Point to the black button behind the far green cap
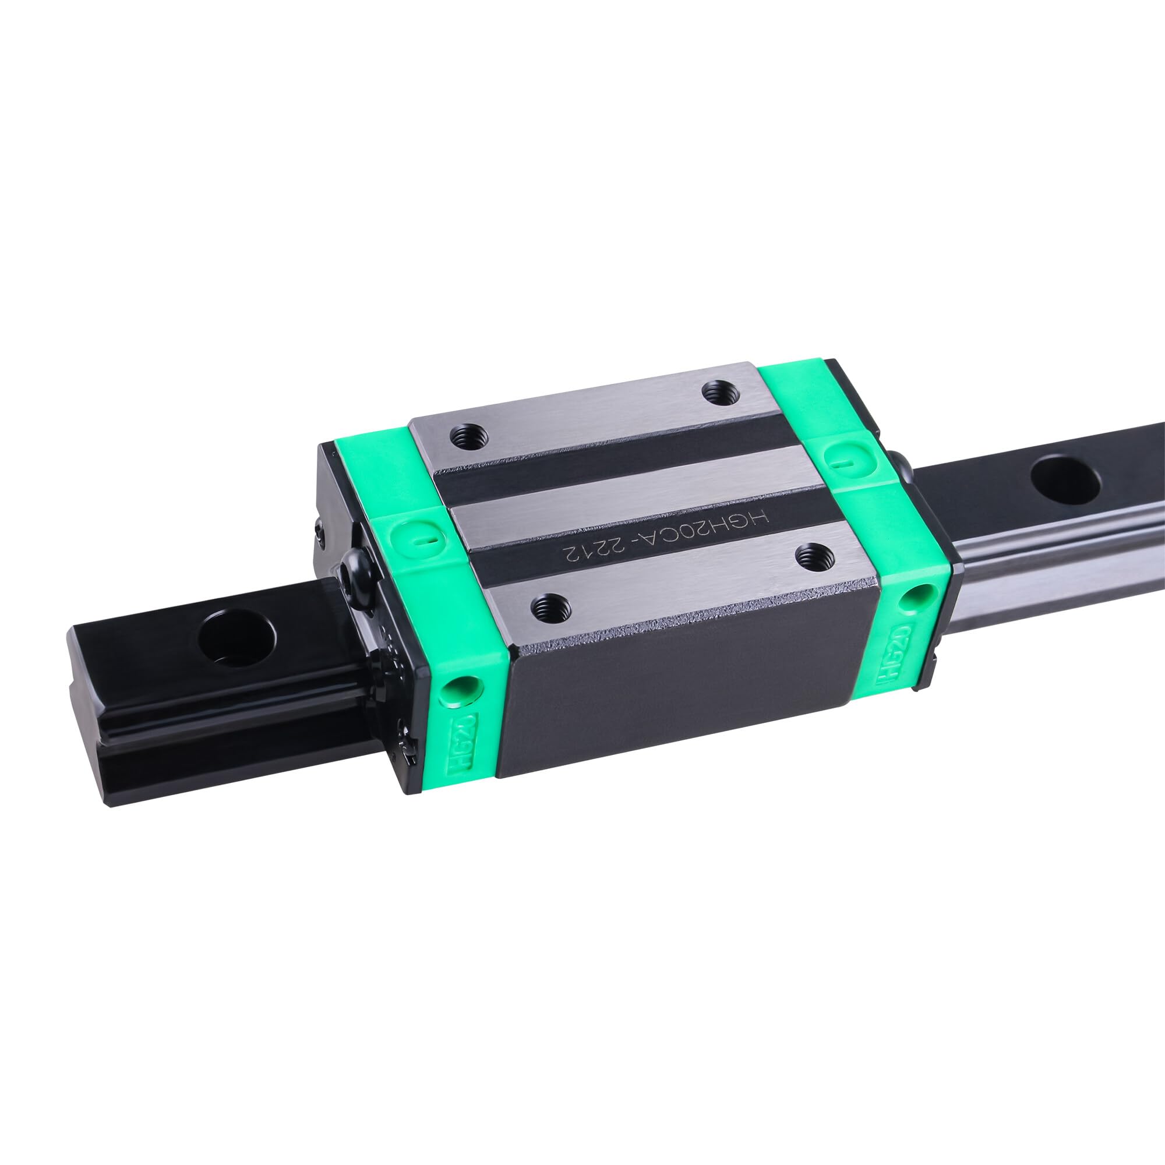tap(902, 467)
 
